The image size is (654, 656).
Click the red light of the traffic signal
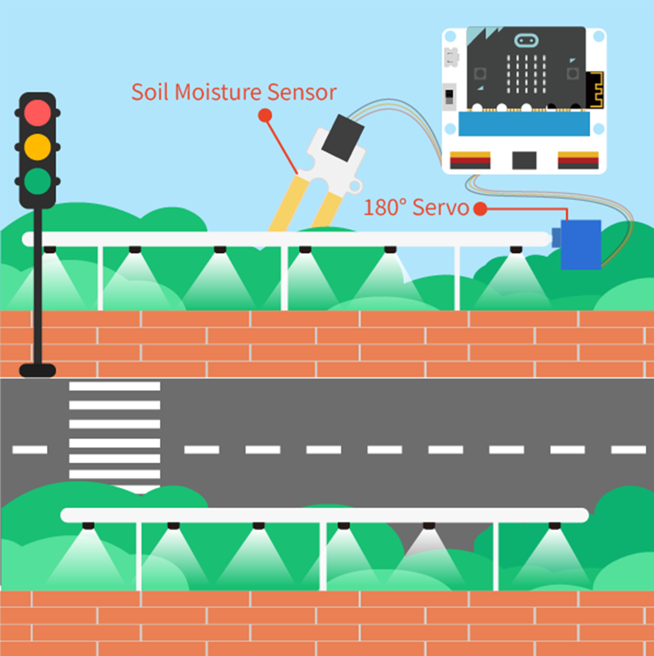37,112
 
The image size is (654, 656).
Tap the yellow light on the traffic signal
37,147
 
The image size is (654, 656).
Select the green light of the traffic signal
37,181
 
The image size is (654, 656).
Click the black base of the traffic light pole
37,371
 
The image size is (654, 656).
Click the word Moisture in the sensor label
218,92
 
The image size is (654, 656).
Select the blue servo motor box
581,244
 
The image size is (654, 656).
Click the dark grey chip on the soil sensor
343,138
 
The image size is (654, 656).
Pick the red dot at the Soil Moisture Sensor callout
265,115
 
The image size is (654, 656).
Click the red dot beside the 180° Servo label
480,209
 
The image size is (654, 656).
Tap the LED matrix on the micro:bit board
526,73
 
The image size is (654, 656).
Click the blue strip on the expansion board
524,124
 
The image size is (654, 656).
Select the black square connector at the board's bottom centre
524,160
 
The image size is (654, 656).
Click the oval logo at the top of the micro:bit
526,41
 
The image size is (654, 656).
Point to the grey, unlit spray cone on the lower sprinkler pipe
428,542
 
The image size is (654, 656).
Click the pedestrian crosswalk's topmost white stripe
114,386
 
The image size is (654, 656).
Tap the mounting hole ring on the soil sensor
355,187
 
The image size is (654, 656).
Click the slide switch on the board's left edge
449,96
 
